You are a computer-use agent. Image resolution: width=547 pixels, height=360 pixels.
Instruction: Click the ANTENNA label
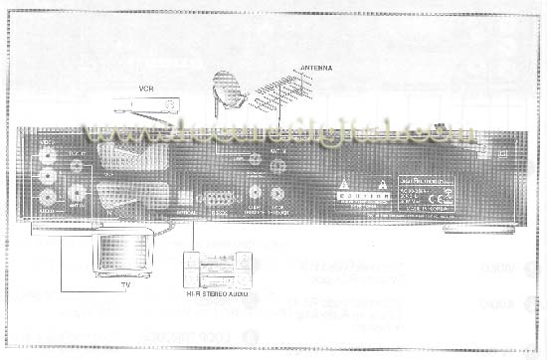click(x=314, y=69)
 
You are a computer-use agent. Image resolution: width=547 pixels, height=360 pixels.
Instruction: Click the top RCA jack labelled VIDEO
click(x=47, y=157)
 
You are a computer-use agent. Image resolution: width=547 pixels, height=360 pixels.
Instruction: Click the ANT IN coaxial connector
click(x=277, y=158)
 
